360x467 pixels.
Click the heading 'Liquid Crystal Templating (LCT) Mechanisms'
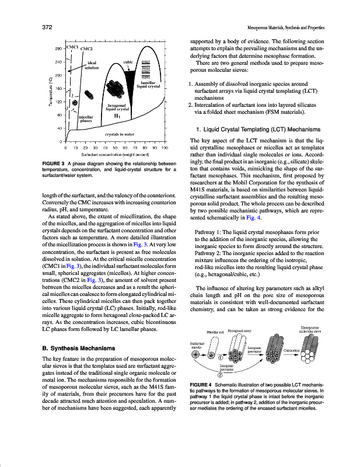[x=259, y=129]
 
